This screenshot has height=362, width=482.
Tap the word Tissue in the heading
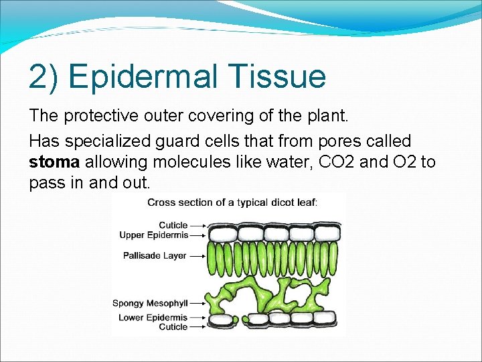click(281, 76)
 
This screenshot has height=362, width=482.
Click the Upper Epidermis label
click(153, 235)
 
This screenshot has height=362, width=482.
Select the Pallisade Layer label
click(154, 255)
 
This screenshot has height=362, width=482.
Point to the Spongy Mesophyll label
click(150, 303)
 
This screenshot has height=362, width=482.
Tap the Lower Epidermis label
click(153, 317)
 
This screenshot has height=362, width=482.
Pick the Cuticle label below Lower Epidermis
click(172, 326)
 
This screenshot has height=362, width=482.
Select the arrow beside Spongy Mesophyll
click(197, 303)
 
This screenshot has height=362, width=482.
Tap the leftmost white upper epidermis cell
click(222, 233)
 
